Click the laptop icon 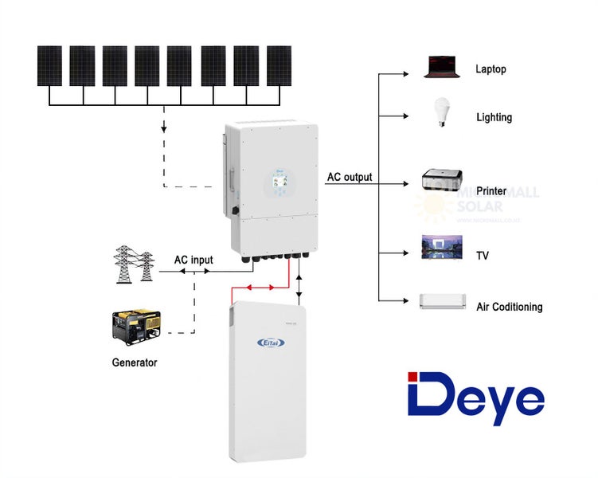click(x=443, y=67)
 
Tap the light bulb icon click(x=438, y=112)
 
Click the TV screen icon click(x=437, y=248)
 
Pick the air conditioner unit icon click(x=441, y=301)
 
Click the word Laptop click(x=491, y=69)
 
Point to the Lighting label click(x=494, y=117)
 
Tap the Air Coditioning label click(x=509, y=307)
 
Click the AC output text click(x=349, y=177)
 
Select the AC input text click(x=193, y=261)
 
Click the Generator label click(x=135, y=362)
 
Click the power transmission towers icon click(x=133, y=264)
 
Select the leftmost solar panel click(x=49, y=65)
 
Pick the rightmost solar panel click(x=279, y=65)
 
